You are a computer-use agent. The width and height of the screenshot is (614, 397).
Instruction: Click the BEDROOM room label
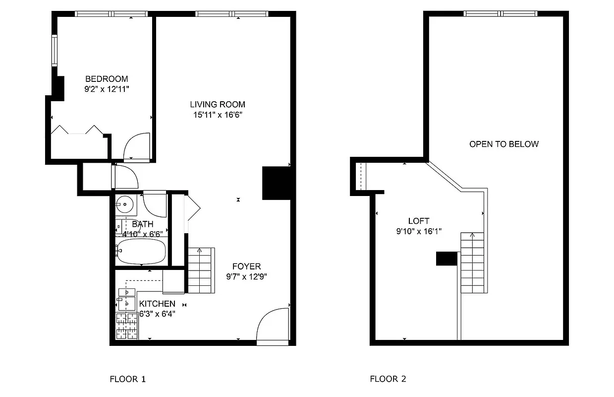tap(107, 79)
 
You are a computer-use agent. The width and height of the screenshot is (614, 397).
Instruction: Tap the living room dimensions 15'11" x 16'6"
tap(218, 115)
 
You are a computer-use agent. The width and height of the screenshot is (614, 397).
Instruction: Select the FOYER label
tap(246, 266)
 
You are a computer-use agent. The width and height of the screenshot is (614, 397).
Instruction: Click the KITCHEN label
tap(157, 304)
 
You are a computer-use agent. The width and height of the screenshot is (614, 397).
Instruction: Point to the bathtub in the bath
tap(141, 251)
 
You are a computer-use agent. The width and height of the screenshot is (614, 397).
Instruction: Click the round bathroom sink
tap(126, 203)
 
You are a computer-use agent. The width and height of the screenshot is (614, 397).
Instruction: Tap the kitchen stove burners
tap(126, 327)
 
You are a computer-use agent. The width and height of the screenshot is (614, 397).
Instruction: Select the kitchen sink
tap(126, 303)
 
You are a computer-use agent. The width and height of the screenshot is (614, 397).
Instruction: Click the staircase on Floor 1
tap(201, 271)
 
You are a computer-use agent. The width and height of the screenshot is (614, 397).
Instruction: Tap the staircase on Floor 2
tap(472, 263)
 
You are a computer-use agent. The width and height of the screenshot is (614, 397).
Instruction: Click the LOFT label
tap(418, 221)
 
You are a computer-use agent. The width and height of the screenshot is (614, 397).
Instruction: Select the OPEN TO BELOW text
tap(503, 144)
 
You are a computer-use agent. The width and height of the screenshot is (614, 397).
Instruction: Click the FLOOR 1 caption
tap(127, 379)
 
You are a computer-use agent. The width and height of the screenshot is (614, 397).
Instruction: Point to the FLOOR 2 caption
tap(388, 379)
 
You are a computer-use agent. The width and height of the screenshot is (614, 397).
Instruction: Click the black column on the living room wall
tap(276, 183)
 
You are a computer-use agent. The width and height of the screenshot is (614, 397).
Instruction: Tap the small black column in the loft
tap(446, 259)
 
